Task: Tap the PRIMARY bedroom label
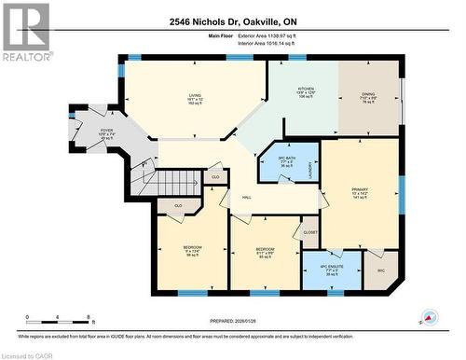click(360, 194)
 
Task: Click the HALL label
click(247, 197)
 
